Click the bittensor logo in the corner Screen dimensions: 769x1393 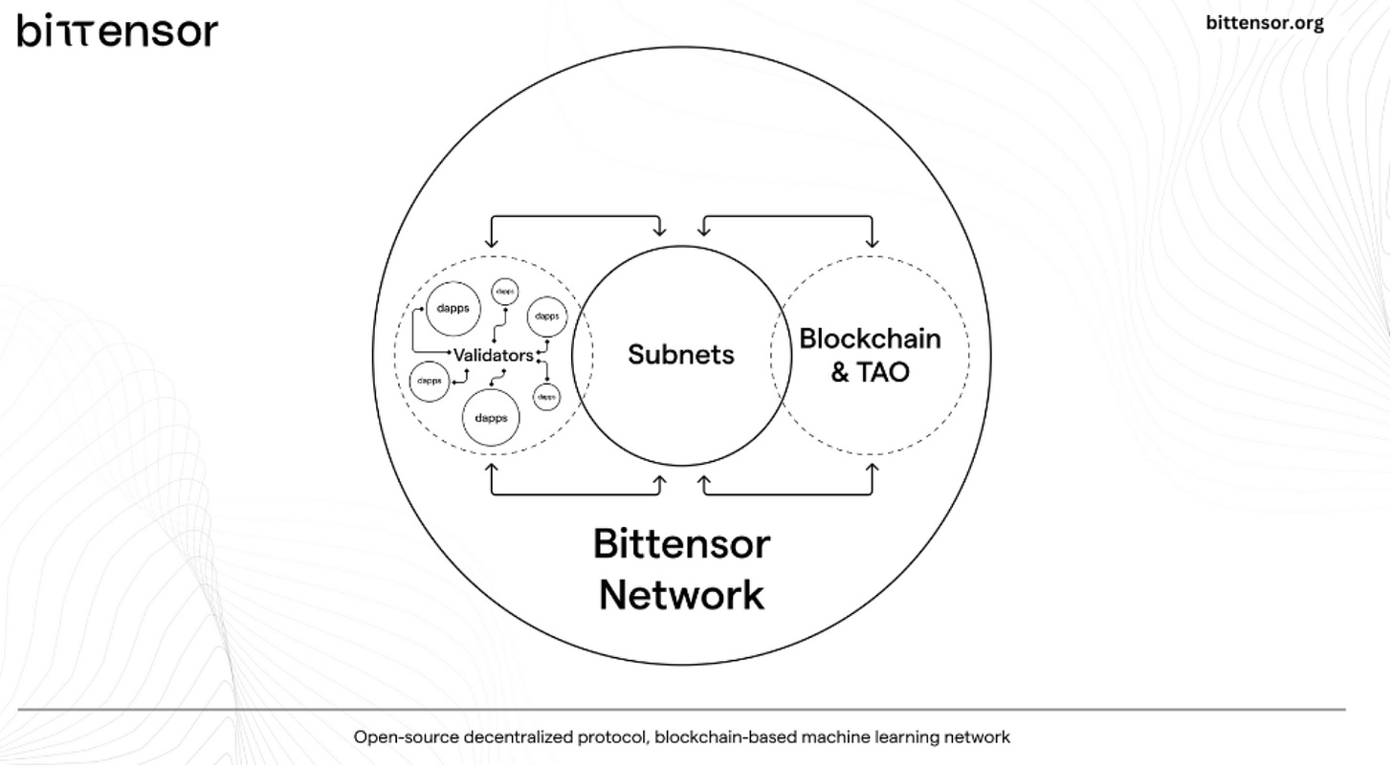click(117, 31)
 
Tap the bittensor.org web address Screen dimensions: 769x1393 click(1265, 23)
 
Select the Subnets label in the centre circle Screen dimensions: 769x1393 click(681, 355)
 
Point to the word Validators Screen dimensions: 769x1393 click(494, 356)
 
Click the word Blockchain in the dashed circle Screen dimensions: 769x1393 click(870, 339)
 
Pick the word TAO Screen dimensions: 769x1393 click(883, 372)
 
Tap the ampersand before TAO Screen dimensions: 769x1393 click(840, 372)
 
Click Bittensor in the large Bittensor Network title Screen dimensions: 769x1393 click(681, 544)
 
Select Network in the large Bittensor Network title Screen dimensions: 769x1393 click(681, 594)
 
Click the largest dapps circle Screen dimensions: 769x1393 click(491, 418)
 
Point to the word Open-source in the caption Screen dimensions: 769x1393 click(407, 737)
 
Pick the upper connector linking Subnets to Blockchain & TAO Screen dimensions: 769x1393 click(787, 218)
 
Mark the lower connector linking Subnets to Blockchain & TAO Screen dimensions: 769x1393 click(787, 494)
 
